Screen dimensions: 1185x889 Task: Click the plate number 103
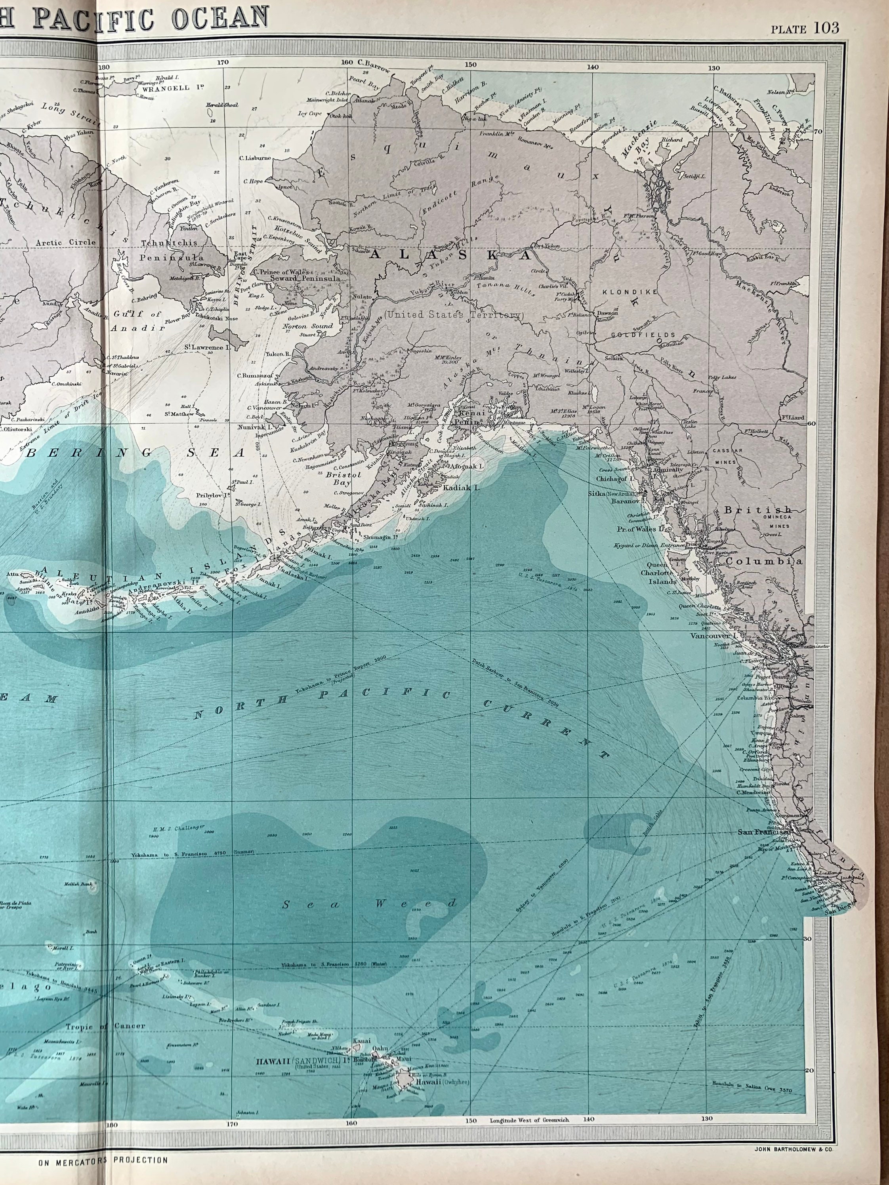click(x=826, y=27)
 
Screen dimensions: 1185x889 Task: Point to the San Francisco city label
click(x=763, y=832)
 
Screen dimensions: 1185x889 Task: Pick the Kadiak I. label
click(x=460, y=488)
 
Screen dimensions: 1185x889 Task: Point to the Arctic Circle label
click(x=65, y=242)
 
